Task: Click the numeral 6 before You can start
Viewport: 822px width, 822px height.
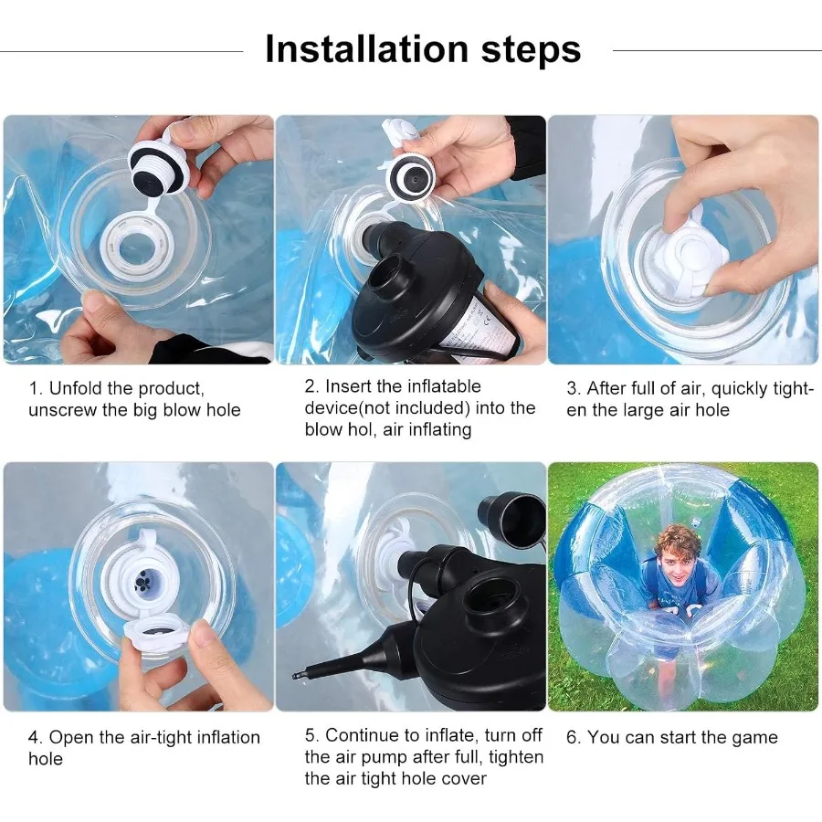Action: pyautogui.click(x=571, y=738)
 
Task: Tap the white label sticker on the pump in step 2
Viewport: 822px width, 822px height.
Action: pyautogui.click(x=477, y=327)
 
